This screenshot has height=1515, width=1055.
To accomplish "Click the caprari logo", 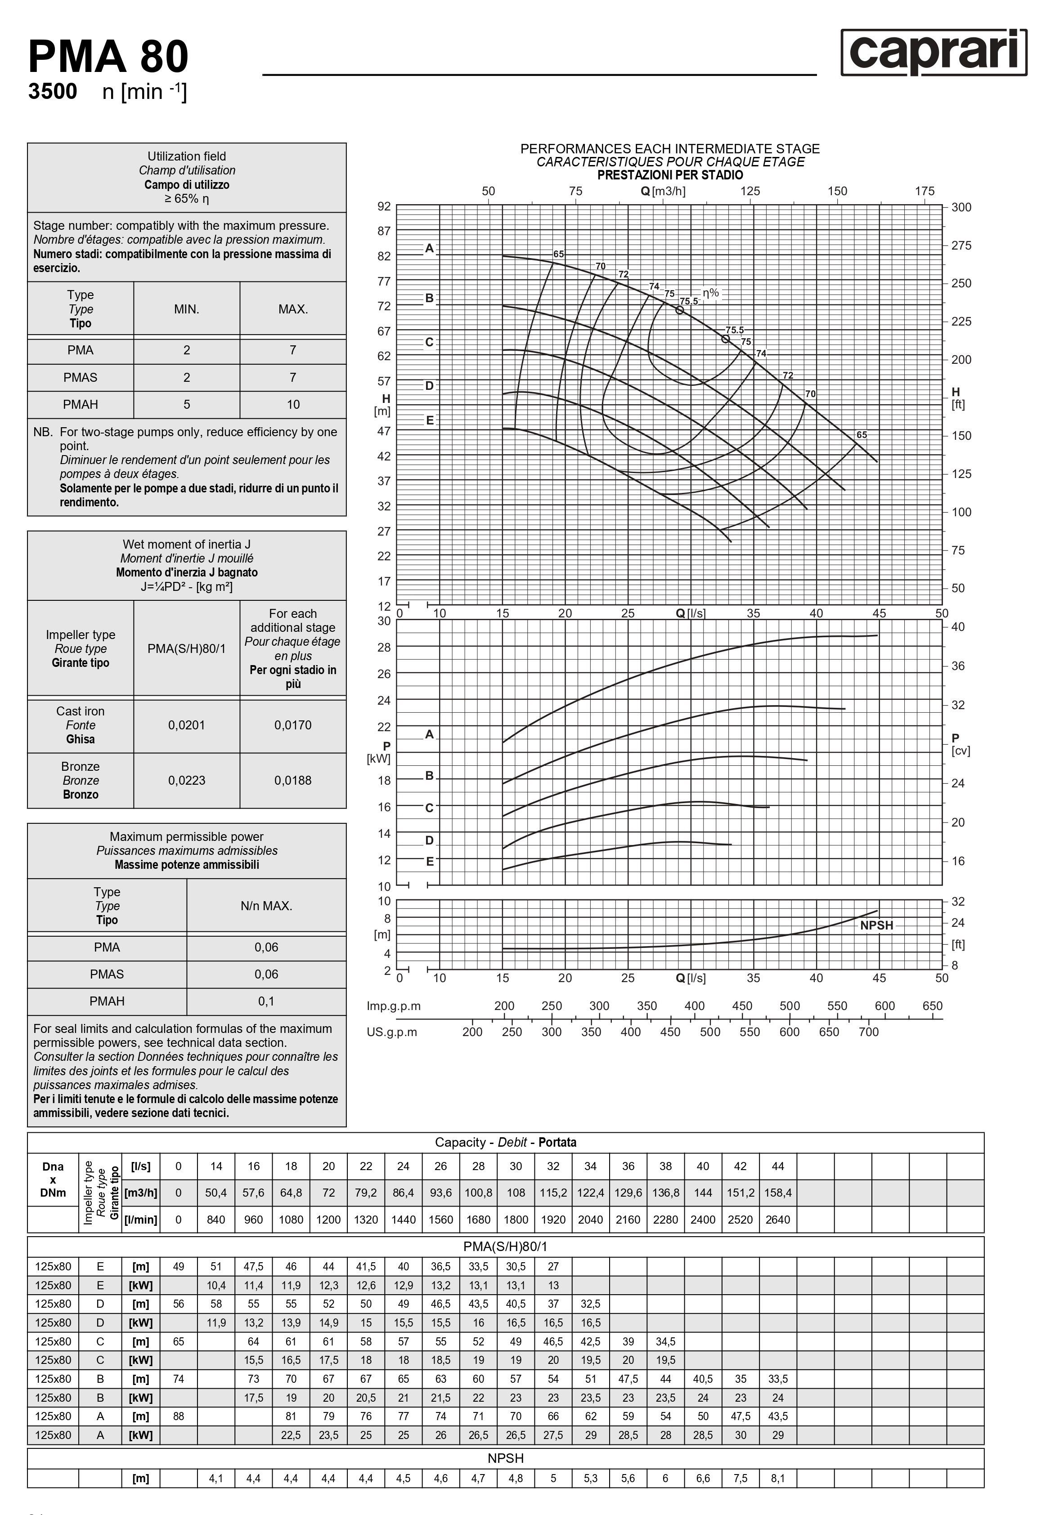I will tap(934, 52).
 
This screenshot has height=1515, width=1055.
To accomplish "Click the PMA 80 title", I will tap(108, 57).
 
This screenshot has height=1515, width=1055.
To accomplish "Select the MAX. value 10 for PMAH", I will tap(292, 404).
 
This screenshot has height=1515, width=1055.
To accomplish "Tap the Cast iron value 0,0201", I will tap(186, 725).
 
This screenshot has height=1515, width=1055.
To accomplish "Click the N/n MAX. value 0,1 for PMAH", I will tap(266, 1001).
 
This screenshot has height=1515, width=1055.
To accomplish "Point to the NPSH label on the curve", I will tap(876, 925).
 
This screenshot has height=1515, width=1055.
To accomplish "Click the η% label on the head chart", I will tap(710, 292).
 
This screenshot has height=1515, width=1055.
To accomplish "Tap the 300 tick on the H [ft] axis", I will tap(961, 207).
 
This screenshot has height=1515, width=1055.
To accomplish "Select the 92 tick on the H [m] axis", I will tap(384, 206).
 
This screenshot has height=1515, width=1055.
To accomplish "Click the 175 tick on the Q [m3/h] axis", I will tap(924, 192).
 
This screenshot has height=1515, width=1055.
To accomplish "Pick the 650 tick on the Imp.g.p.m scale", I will tap(932, 1006).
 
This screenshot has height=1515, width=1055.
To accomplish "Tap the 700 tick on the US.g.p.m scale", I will tap(868, 1032).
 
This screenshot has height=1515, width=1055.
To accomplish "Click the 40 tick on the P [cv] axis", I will tap(958, 627).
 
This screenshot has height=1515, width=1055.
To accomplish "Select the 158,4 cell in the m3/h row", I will tap(778, 1192).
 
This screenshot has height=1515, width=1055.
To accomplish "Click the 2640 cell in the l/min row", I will tap(778, 1220).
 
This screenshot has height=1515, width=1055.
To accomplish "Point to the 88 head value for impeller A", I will tap(178, 1416).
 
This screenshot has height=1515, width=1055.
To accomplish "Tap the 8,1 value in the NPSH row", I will tap(778, 1478).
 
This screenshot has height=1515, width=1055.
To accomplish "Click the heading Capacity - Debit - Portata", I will tap(505, 1142).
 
